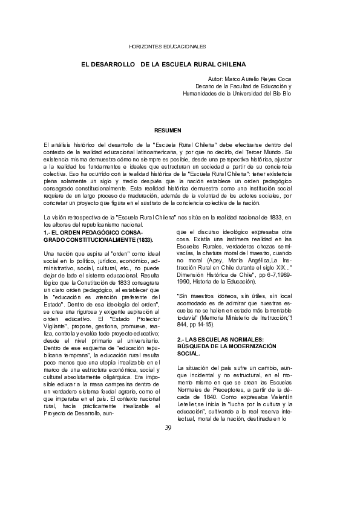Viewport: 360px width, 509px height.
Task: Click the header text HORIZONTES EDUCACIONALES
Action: [168, 47]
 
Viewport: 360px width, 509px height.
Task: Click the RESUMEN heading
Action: [168, 130]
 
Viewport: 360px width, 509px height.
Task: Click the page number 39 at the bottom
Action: [168, 428]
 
